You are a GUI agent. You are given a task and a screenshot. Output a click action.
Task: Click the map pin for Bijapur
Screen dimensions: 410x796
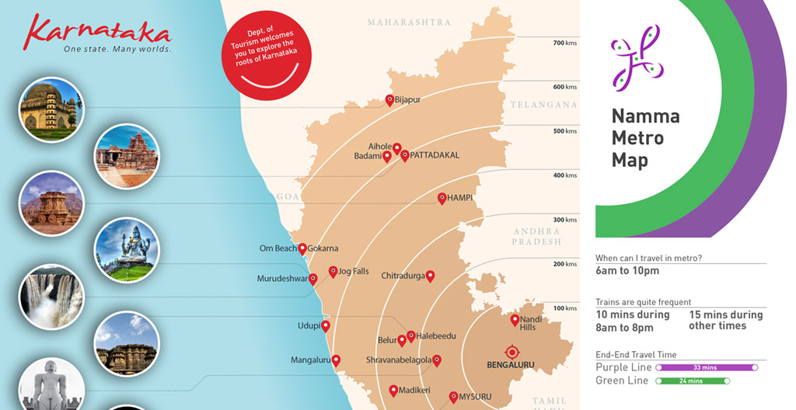(x=390, y=99)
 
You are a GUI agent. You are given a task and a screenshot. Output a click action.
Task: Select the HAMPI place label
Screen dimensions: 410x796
(x=459, y=198)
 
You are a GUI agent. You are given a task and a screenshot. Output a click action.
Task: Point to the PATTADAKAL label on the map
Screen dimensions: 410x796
(x=435, y=155)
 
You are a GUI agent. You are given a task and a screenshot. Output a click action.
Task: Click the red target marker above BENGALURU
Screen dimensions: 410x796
(x=511, y=351)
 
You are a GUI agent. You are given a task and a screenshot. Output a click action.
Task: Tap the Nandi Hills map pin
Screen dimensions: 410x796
(x=515, y=320)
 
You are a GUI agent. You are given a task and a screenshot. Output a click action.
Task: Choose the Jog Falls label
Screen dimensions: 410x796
(x=354, y=271)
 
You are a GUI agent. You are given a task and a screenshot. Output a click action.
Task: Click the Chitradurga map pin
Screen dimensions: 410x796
(x=430, y=276)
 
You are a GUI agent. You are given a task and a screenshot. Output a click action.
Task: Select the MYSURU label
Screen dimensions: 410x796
(x=475, y=397)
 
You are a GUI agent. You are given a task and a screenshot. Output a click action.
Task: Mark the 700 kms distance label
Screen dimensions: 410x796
(x=564, y=43)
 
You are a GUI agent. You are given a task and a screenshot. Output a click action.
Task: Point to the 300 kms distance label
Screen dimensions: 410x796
(x=564, y=220)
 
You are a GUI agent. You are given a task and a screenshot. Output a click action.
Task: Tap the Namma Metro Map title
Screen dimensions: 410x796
(x=645, y=138)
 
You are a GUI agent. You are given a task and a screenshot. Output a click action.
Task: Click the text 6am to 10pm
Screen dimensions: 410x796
(x=627, y=271)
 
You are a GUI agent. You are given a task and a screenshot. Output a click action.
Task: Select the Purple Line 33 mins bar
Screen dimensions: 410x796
(x=707, y=367)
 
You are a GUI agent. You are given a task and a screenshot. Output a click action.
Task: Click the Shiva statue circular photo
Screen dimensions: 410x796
(x=126, y=249)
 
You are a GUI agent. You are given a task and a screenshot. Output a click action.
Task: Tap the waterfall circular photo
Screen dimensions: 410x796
(x=51, y=296)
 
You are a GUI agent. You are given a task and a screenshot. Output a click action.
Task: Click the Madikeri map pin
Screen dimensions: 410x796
(x=393, y=390)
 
